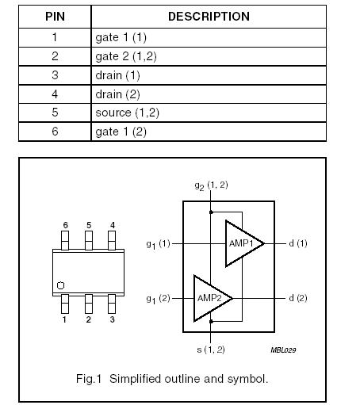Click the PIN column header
click(x=55, y=17)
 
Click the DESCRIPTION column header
click(x=209, y=17)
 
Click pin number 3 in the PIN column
click(x=55, y=75)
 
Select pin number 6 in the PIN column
click(x=55, y=132)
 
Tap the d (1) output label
click(x=297, y=243)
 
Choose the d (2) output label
click(x=297, y=298)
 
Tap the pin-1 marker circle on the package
click(x=60, y=285)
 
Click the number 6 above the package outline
click(x=65, y=225)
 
